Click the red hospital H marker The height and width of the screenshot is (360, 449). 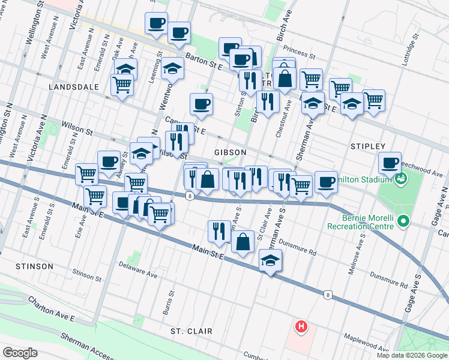tap(301, 327)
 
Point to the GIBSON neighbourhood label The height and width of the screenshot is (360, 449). tap(229, 152)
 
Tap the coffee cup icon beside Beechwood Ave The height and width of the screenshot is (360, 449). tap(390, 162)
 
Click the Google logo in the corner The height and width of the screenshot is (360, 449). tap(20, 352)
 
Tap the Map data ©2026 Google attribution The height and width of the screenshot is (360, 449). tap(412, 355)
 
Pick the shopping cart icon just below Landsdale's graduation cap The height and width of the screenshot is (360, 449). tap(122, 85)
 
